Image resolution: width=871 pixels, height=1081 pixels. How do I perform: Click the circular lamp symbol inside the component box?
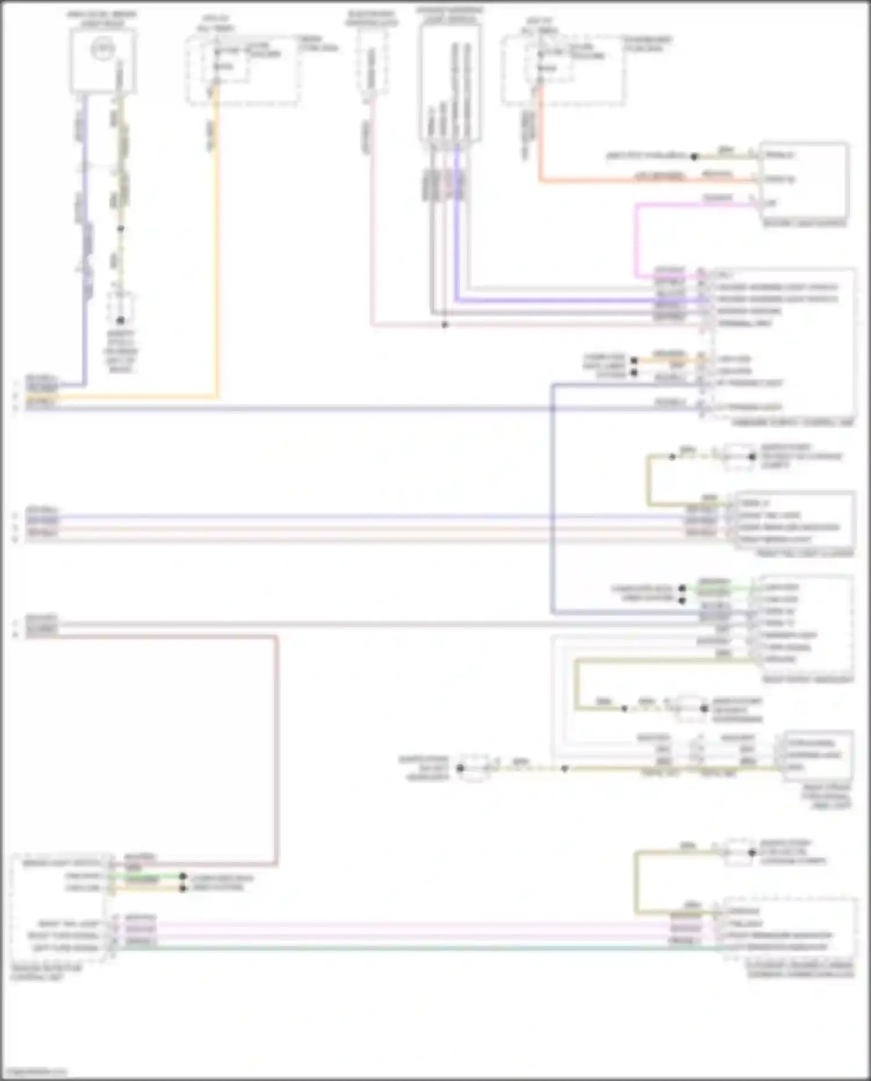tap(103, 49)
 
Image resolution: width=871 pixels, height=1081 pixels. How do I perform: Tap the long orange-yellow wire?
tap(217, 244)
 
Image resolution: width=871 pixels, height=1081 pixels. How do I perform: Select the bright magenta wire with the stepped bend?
tap(636, 238)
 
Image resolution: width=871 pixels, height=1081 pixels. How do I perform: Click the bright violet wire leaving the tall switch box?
tap(457, 232)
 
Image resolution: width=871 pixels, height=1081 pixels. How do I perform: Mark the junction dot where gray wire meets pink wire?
tap(445, 325)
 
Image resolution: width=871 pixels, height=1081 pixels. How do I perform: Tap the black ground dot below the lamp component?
tap(121, 320)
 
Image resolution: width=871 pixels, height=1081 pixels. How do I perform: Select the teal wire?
tap(406, 948)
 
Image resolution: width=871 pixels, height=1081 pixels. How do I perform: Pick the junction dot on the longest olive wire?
tap(565, 768)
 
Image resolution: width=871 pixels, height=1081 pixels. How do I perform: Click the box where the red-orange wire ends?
tap(804, 180)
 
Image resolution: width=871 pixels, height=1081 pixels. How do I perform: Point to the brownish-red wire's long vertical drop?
tap(276, 749)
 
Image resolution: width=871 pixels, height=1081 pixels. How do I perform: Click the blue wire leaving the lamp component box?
tap(85, 232)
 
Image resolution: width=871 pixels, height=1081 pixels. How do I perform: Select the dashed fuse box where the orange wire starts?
tap(243, 70)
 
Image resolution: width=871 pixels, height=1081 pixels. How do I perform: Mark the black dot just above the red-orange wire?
tap(694, 156)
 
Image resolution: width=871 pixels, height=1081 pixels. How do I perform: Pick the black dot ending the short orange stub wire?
tap(634, 361)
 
